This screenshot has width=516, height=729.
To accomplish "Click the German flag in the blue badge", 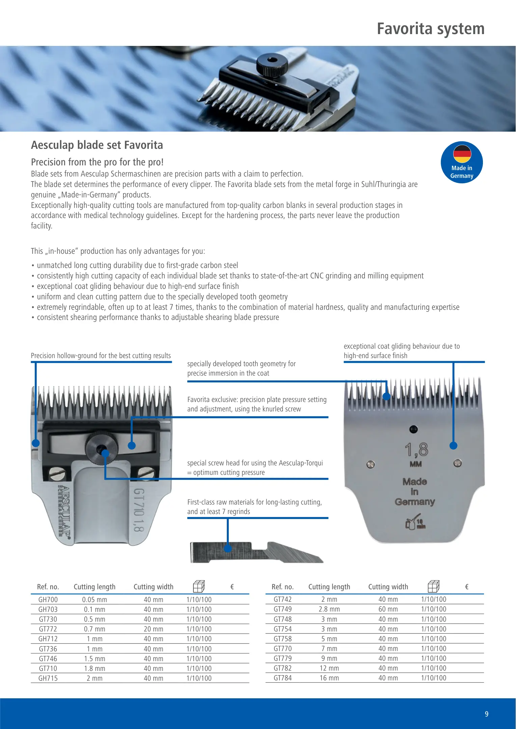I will pos(462,154).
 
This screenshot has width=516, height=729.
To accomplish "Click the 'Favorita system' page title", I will pos(431,29).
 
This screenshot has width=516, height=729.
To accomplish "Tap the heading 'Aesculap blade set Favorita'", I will pos(97,145).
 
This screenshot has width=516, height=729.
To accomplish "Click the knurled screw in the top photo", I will pos(272,64).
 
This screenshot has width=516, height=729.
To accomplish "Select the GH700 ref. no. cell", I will pos(48,600).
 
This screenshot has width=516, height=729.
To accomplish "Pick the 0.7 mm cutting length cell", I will pos(94,629).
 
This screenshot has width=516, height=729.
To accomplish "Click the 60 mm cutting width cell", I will pos(388,609).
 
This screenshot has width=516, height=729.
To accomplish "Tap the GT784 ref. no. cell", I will pos(282,678).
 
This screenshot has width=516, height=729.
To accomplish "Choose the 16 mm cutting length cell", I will pos(329,678).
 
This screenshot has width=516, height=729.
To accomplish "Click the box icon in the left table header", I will pos(199,586).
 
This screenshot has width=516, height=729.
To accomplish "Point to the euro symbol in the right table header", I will pos(467,587).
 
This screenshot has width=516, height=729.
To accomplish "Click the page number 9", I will pos(486,714).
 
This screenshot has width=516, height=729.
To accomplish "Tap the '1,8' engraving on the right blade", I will pos(416,450).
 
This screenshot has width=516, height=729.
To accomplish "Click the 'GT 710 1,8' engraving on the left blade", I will pos(139,510).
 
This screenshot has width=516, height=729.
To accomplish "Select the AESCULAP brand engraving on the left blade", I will pos(65,511).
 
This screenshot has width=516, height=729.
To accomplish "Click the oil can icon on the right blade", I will pos(414,522).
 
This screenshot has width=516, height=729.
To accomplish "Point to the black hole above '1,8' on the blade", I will pos(413,429).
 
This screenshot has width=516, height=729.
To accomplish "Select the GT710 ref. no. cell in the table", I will pos(48,669).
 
